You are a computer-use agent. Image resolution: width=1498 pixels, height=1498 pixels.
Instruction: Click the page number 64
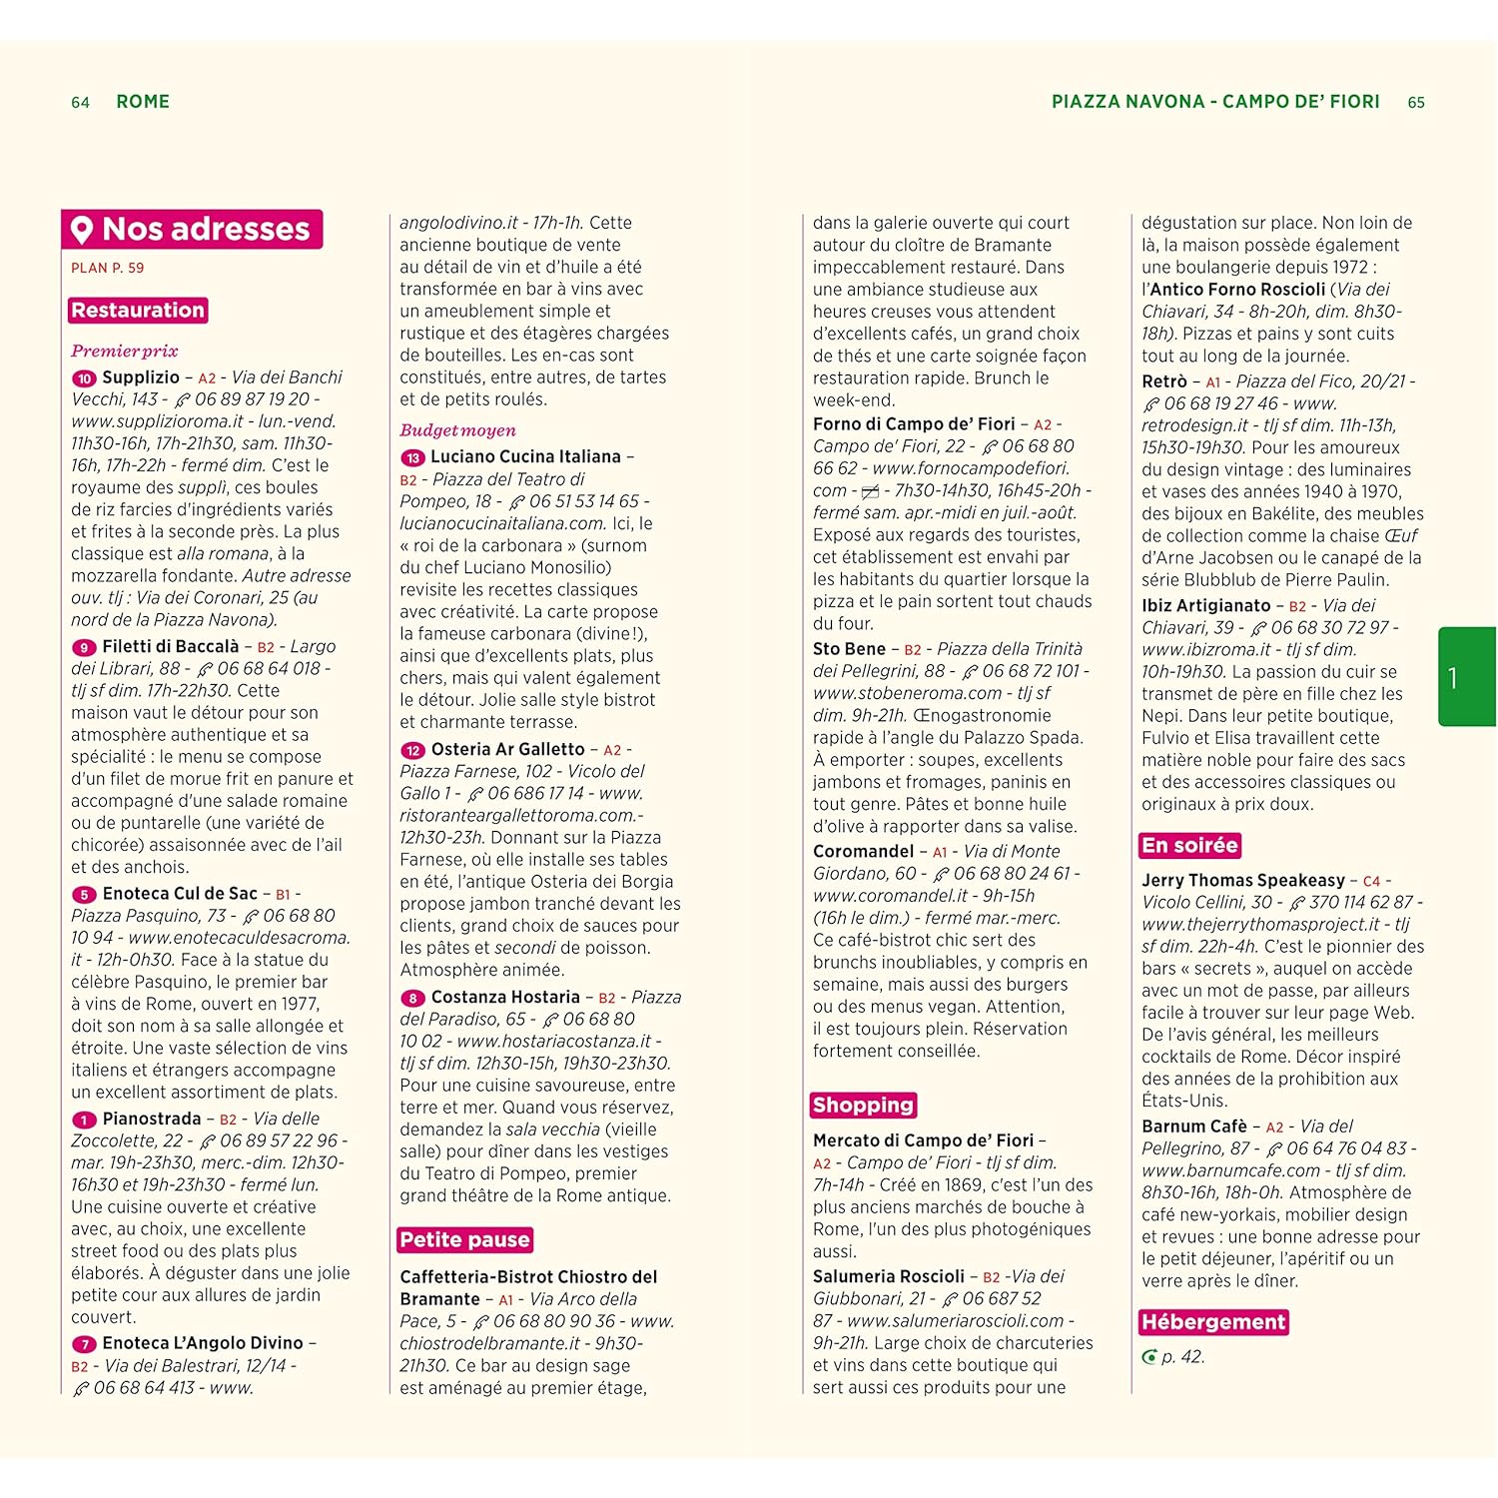80,103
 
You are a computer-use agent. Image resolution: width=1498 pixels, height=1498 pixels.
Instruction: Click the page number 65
1416,103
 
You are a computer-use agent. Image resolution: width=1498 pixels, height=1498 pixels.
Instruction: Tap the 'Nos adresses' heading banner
192,230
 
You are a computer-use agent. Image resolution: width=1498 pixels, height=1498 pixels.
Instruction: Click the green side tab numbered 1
1465,677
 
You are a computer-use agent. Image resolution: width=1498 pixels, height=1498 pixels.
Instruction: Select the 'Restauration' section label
138,311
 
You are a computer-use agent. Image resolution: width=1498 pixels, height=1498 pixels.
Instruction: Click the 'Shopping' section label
863,1105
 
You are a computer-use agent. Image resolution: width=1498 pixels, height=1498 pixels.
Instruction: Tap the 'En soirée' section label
1189,846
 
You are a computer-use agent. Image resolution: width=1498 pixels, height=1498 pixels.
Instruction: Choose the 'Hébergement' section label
1213,1322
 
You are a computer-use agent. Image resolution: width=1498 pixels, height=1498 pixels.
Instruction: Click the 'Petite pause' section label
464,1240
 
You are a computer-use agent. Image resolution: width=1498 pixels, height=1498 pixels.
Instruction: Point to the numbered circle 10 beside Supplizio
84,378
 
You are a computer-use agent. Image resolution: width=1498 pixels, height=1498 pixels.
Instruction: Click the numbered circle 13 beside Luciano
412,458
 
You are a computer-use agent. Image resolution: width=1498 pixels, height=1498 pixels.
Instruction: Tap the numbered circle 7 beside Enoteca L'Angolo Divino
84,1345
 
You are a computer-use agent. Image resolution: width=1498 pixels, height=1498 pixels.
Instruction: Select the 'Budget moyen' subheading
457,430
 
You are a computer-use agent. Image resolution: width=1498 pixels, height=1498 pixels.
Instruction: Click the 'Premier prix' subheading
124,352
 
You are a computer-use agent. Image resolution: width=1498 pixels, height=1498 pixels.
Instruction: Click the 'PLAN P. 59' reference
107,269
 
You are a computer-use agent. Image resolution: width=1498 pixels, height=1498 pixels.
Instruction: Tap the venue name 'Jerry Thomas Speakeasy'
1243,880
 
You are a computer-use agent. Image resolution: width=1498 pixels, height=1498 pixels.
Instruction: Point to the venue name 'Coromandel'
863,851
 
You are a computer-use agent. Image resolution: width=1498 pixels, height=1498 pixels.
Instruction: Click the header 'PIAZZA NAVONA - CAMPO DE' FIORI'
1215,102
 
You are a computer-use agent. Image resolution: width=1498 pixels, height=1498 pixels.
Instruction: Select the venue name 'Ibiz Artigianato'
1206,605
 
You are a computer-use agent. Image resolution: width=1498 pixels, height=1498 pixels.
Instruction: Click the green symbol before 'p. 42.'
1149,1357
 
